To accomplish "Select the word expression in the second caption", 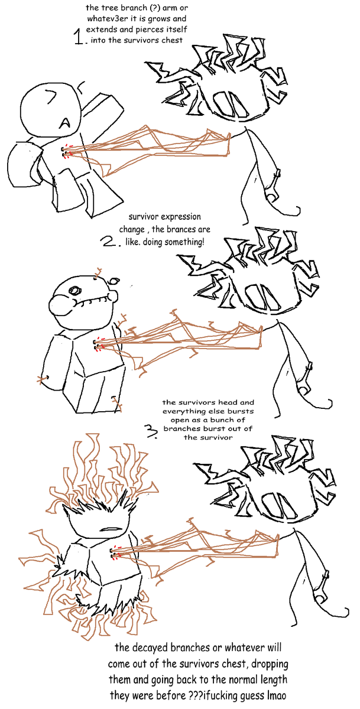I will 181,217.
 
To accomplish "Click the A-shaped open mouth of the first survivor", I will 64,122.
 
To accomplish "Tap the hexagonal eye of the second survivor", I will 76,291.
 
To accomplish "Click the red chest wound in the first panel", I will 67,151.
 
